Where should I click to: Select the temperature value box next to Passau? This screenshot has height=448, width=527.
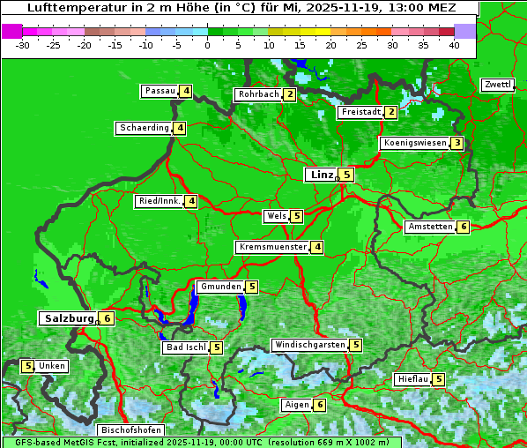pos(186,91)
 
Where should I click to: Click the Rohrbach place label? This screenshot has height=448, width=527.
pos(258,94)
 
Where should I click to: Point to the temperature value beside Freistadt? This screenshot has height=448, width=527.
pos(390,112)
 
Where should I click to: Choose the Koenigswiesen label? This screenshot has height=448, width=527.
pos(415,143)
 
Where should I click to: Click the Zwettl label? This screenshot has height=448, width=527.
pos(497,85)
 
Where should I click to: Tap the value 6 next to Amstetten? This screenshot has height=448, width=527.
pos(464,227)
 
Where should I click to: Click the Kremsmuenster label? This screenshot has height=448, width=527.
pos(272,247)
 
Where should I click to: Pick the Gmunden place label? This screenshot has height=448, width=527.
pos(219,287)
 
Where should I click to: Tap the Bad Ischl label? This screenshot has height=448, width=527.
pos(186,347)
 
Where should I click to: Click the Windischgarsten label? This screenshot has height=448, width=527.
pos(309,345)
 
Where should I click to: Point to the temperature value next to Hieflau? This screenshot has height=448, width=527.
pos(439,379)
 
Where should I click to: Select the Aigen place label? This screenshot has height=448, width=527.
pos(296,405)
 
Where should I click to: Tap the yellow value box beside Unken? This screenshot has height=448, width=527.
pos(27,366)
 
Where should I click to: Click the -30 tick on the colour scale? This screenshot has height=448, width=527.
pos(23,45)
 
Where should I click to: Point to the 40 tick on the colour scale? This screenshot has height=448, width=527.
pos(454,45)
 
